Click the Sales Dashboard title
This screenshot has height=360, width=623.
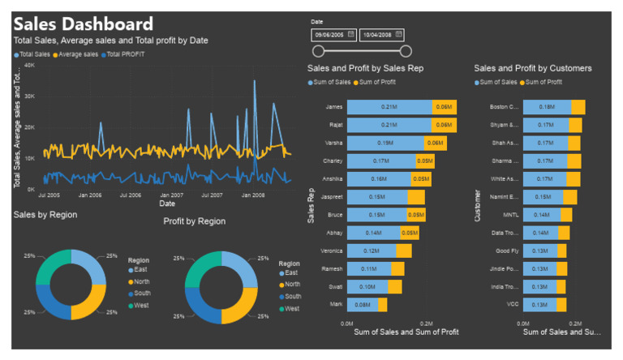pos(83,24)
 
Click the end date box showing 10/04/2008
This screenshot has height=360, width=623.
pos(381,35)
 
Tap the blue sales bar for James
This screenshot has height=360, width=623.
pos(389,106)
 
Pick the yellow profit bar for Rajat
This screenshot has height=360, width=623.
pos(444,125)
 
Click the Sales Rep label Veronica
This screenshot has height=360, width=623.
pos(333,251)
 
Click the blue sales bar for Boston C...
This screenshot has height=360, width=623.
pos(546,107)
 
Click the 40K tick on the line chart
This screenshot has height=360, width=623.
pos(28,65)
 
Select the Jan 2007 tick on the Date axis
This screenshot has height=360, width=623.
pos(171,195)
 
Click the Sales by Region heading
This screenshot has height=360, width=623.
pos(45,214)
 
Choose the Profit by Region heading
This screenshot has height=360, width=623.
pos(195,221)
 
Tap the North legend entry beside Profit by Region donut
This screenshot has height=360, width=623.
pos(290,285)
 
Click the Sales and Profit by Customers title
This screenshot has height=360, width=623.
pos(533,69)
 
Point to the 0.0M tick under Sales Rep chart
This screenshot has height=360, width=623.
pos(346,322)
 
